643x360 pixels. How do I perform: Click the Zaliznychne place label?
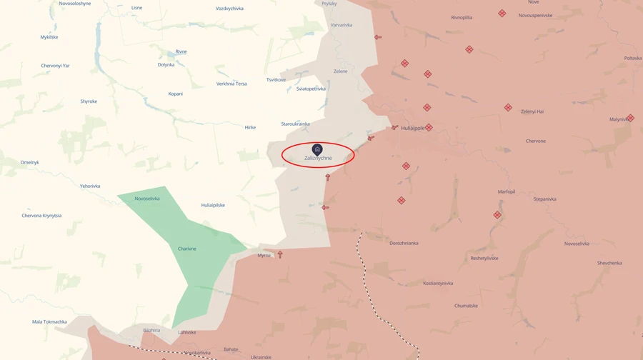318,158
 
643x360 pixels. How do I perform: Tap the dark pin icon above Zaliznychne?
317,149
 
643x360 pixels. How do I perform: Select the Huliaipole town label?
412,128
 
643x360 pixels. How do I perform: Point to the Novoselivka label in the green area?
147,199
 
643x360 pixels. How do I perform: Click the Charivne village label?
187,249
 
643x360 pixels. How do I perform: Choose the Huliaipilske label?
213,205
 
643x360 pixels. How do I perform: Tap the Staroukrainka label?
295,124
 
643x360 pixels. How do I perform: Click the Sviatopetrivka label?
311,89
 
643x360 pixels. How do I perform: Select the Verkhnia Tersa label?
231,84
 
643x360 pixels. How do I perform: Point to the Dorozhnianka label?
404,243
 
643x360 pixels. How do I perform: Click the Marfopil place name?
507,191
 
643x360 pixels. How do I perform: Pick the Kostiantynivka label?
438,283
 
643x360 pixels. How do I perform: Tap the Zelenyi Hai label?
532,111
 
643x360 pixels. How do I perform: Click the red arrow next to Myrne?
280,254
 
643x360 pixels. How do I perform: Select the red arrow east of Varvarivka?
378,37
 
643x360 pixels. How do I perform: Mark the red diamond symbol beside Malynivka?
630,118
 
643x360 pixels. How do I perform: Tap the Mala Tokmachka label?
49,321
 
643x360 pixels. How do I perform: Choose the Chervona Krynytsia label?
41,215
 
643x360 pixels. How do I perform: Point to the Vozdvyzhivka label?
229,9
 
